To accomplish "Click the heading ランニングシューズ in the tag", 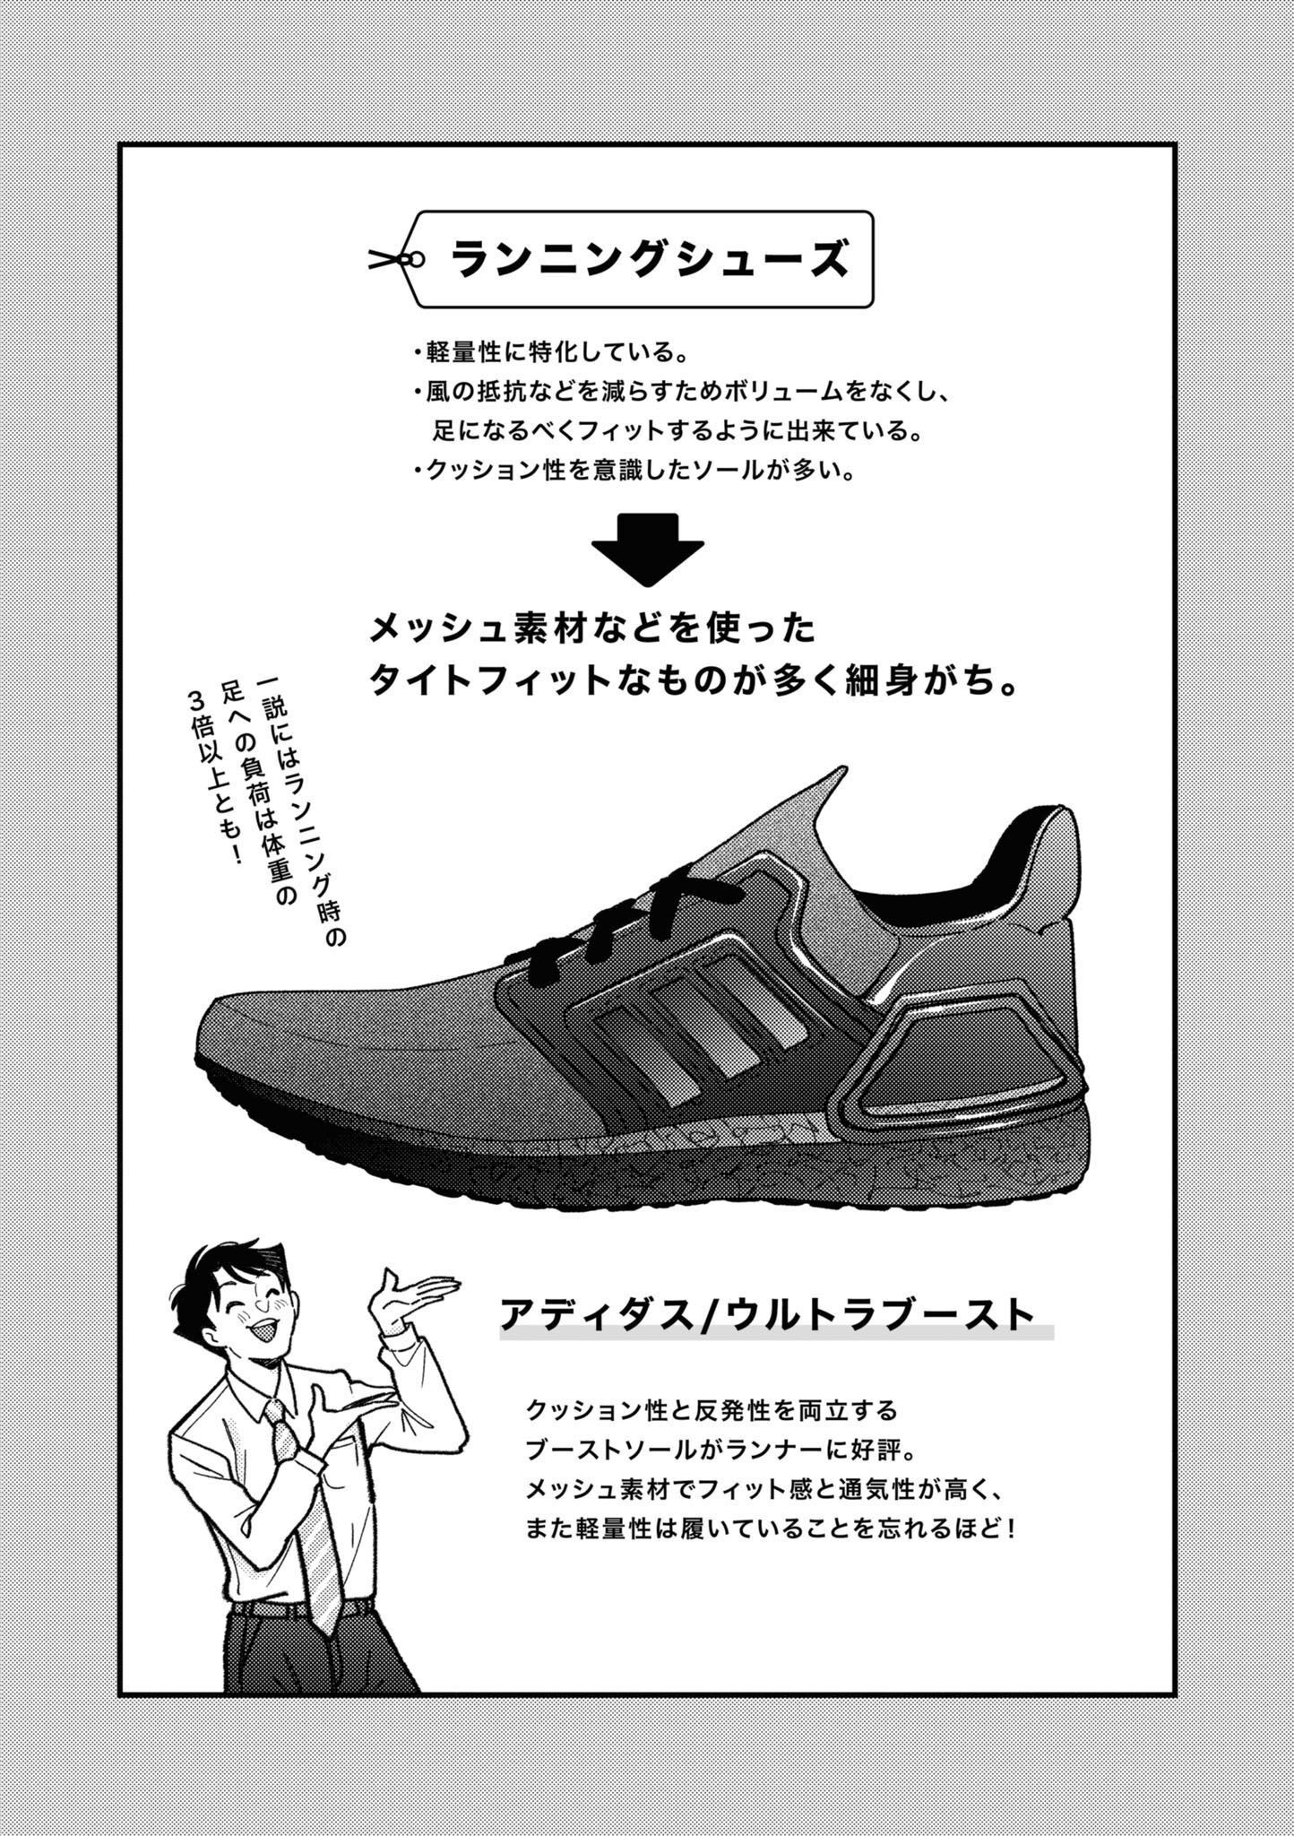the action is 650,259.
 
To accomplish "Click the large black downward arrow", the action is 648,550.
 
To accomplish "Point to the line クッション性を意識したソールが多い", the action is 633,470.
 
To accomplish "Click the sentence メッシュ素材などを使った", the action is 592,628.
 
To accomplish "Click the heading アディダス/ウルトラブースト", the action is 767,1315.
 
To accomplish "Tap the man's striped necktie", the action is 309,1506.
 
